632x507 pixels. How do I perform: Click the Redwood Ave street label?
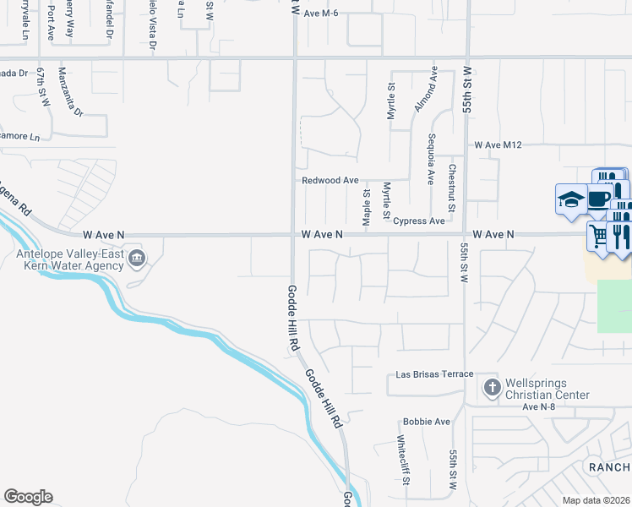coord(330,181)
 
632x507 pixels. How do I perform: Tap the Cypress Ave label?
coord(418,221)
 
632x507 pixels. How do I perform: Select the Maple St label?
coord(367,207)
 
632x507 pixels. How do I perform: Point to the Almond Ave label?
coord(433,89)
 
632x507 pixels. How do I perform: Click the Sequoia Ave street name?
coord(431,160)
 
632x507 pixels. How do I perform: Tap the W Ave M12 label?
coord(499,145)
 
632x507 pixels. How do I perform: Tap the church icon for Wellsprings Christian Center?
coord(492,387)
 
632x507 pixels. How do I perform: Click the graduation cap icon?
coord(570,200)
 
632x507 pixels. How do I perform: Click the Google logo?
coord(28,497)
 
